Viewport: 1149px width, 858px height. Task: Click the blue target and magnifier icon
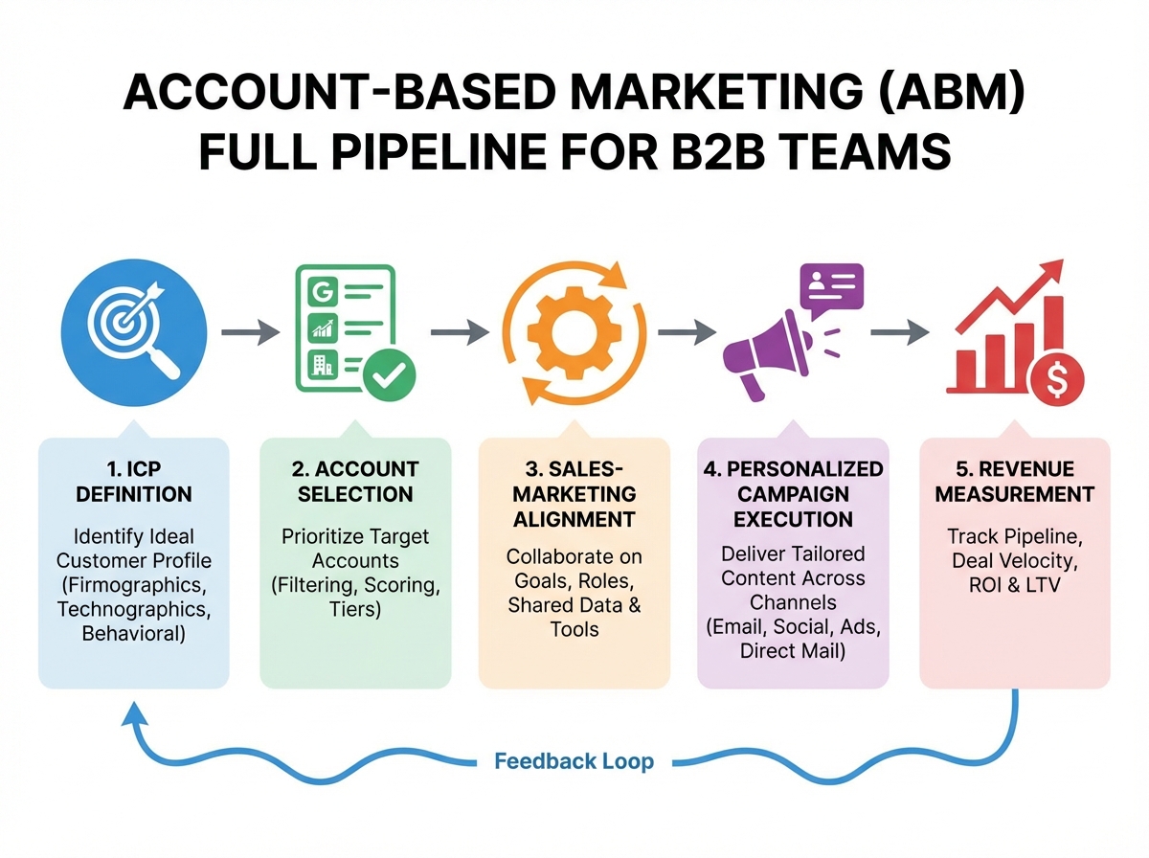coord(134,331)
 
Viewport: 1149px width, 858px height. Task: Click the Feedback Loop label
coord(574,761)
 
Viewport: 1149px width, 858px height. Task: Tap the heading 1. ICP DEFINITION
coord(134,482)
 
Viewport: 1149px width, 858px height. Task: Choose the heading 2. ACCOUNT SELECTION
coord(355,482)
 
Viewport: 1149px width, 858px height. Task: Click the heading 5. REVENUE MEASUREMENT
coord(1014,482)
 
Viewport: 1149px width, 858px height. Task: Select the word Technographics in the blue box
coord(134,608)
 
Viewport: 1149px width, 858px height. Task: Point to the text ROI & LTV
coord(1014,584)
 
